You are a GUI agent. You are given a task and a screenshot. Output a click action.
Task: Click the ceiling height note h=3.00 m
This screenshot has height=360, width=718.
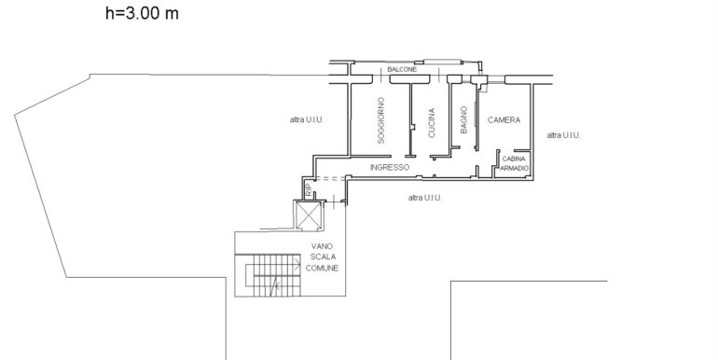142,13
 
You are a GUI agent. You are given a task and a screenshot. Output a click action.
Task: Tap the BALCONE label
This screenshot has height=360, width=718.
402,70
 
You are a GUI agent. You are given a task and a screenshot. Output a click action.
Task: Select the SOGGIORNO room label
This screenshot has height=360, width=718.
381,120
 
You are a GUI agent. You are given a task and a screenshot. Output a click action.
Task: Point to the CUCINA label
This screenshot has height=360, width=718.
432,123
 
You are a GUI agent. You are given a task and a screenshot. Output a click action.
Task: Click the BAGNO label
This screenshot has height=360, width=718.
463,120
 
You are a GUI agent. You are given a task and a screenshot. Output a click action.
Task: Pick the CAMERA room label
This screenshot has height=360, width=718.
504,120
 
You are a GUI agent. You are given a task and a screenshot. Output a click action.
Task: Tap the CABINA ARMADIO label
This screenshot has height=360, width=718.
514,163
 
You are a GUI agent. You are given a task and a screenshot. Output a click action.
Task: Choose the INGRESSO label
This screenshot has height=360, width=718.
390,167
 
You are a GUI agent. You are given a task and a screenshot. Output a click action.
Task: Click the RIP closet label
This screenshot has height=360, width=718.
309,189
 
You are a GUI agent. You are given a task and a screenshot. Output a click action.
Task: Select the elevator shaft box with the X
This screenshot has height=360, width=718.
309,215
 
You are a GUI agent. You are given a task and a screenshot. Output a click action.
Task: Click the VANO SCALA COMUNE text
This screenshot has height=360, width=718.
322,257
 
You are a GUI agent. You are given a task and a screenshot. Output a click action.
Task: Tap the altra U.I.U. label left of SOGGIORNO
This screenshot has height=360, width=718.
307,119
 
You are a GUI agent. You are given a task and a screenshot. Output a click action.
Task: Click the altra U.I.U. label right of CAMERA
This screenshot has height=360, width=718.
564,135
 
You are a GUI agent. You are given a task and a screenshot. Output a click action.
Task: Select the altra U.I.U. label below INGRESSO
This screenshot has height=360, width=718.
425,198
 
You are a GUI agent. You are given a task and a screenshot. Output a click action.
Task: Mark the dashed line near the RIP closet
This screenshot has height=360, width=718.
328,179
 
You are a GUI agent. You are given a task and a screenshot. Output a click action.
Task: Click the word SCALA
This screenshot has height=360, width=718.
323,257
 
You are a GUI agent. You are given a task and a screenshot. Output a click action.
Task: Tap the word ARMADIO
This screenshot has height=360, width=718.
514,168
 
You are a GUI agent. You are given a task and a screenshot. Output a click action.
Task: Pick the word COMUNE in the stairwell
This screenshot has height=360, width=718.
322,268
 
